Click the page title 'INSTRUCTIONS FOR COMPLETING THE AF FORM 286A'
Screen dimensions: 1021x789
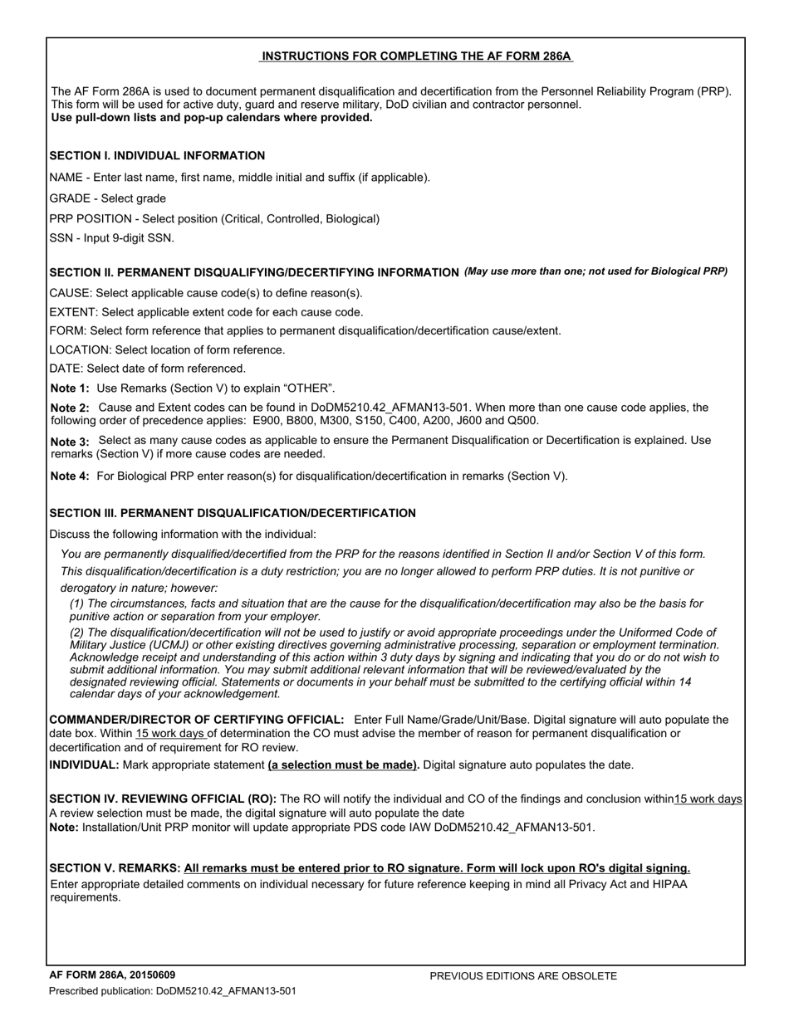(x=416, y=56)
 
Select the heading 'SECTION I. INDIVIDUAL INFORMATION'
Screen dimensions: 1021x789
(x=157, y=156)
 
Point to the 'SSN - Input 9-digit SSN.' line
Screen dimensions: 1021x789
(x=111, y=238)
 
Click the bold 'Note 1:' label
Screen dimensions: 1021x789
(x=70, y=388)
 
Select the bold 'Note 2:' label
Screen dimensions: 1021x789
(x=70, y=408)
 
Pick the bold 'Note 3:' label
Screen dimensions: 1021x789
(x=70, y=442)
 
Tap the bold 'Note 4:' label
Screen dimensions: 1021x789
(x=70, y=476)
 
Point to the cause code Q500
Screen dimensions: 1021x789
(x=523, y=421)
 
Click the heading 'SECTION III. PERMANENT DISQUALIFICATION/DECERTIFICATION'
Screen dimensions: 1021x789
(x=233, y=514)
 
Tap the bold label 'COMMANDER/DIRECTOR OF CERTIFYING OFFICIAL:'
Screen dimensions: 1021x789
(x=197, y=721)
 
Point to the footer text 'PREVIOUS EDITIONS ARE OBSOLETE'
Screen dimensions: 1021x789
(x=523, y=977)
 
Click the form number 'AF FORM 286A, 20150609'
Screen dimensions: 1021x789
(x=112, y=975)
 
